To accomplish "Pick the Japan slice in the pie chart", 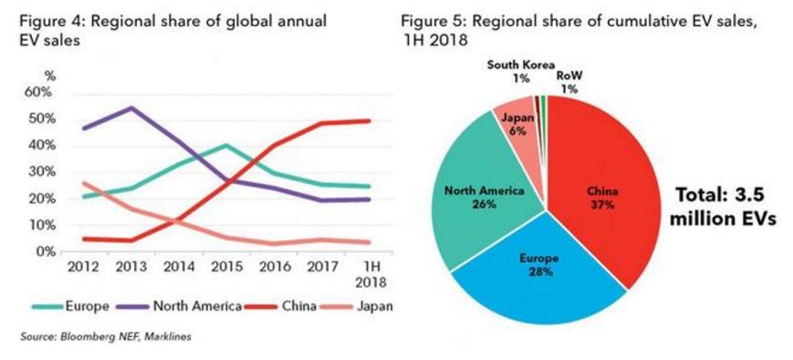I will [517, 121].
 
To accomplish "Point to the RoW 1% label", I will [570, 81].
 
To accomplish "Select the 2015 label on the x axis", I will [227, 267].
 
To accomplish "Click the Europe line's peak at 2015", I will [226, 145].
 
